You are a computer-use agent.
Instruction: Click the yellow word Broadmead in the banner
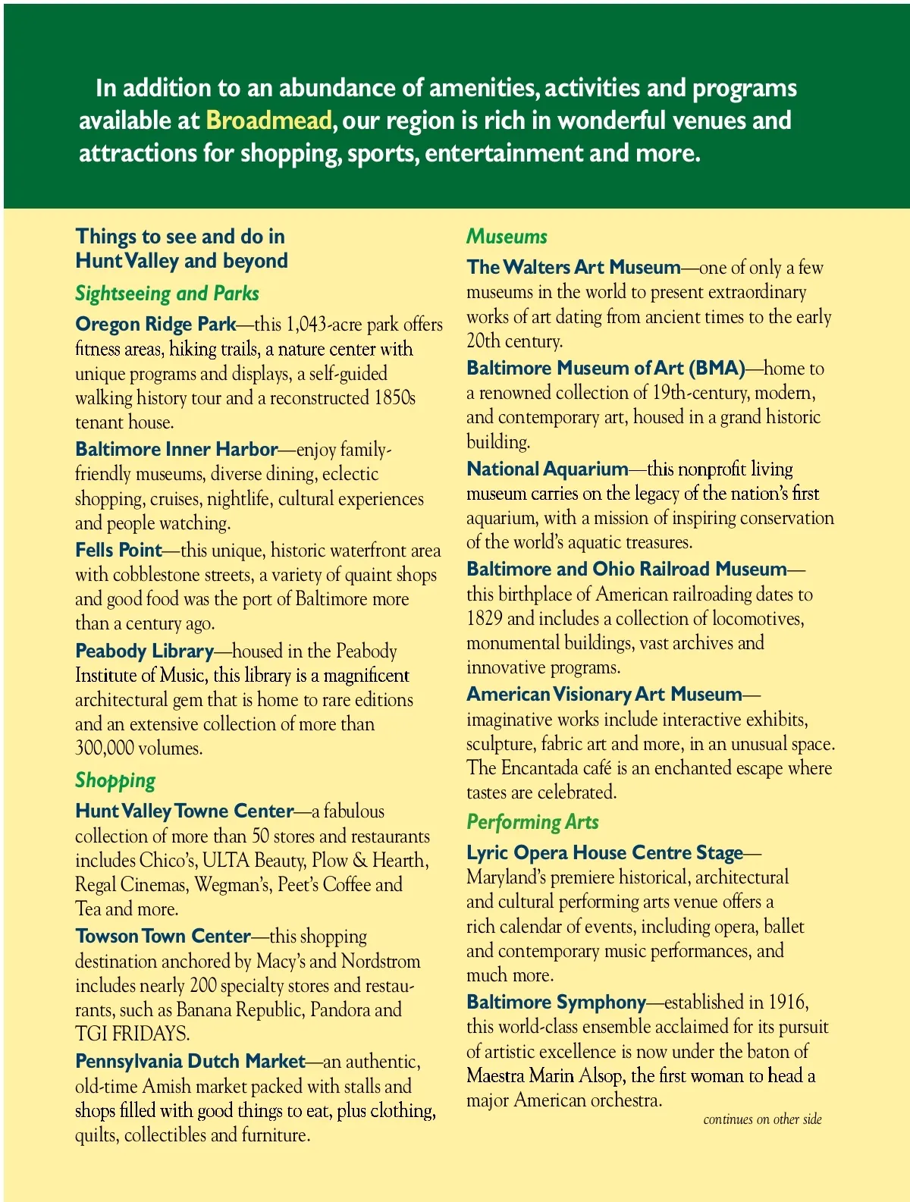[x=268, y=121]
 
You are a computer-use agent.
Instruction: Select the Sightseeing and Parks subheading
[x=167, y=293]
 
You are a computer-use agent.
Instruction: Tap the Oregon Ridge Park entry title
[x=155, y=324]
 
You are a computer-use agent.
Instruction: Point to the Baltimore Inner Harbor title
[x=176, y=449]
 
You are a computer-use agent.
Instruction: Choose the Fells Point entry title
[x=118, y=550]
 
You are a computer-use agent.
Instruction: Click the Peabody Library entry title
[x=144, y=651]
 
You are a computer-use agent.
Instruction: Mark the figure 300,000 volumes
[x=138, y=749]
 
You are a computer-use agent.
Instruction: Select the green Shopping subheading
[x=115, y=780]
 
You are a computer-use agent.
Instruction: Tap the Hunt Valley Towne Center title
[x=184, y=811]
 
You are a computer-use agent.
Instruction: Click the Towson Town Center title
[x=162, y=936]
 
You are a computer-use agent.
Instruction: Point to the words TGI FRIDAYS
[x=131, y=1034]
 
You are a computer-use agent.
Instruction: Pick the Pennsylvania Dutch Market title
[x=190, y=1061]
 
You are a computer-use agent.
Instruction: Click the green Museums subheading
[x=507, y=237]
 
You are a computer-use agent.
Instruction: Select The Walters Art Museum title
[x=573, y=267]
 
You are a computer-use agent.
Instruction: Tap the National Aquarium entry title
[x=547, y=469]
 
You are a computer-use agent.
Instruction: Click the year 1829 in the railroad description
[x=484, y=618]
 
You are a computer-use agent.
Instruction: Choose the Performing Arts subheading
[x=532, y=822]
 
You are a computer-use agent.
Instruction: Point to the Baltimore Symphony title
[x=556, y=1002]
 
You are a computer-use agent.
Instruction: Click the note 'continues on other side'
[x=762, y=1119]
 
